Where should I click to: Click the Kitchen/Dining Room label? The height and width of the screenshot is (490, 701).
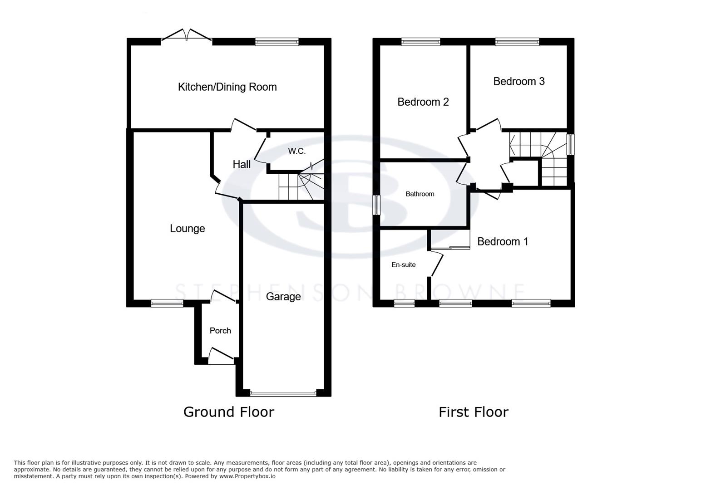227,87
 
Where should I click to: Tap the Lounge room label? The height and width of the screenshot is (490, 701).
187,229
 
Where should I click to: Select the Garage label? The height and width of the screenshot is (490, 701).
283,297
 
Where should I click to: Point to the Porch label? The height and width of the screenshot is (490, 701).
220,331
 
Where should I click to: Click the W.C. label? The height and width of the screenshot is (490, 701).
296,151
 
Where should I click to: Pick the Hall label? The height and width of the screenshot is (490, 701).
242,164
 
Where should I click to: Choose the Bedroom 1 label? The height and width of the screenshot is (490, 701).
503,241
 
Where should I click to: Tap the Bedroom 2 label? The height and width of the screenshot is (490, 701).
423,102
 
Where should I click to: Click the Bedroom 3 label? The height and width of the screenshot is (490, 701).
518,81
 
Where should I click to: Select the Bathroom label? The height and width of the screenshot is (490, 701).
420,194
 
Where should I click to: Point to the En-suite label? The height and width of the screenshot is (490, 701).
403,265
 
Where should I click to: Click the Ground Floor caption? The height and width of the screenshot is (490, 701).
228,412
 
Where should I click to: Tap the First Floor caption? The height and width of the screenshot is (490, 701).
473,412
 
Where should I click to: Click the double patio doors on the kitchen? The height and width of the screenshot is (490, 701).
187,36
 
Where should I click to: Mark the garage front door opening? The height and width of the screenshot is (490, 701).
283,393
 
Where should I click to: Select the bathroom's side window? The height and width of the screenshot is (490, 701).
376,205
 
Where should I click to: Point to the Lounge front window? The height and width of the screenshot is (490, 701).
167,304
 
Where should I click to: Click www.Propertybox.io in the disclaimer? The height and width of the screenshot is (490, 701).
248,476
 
